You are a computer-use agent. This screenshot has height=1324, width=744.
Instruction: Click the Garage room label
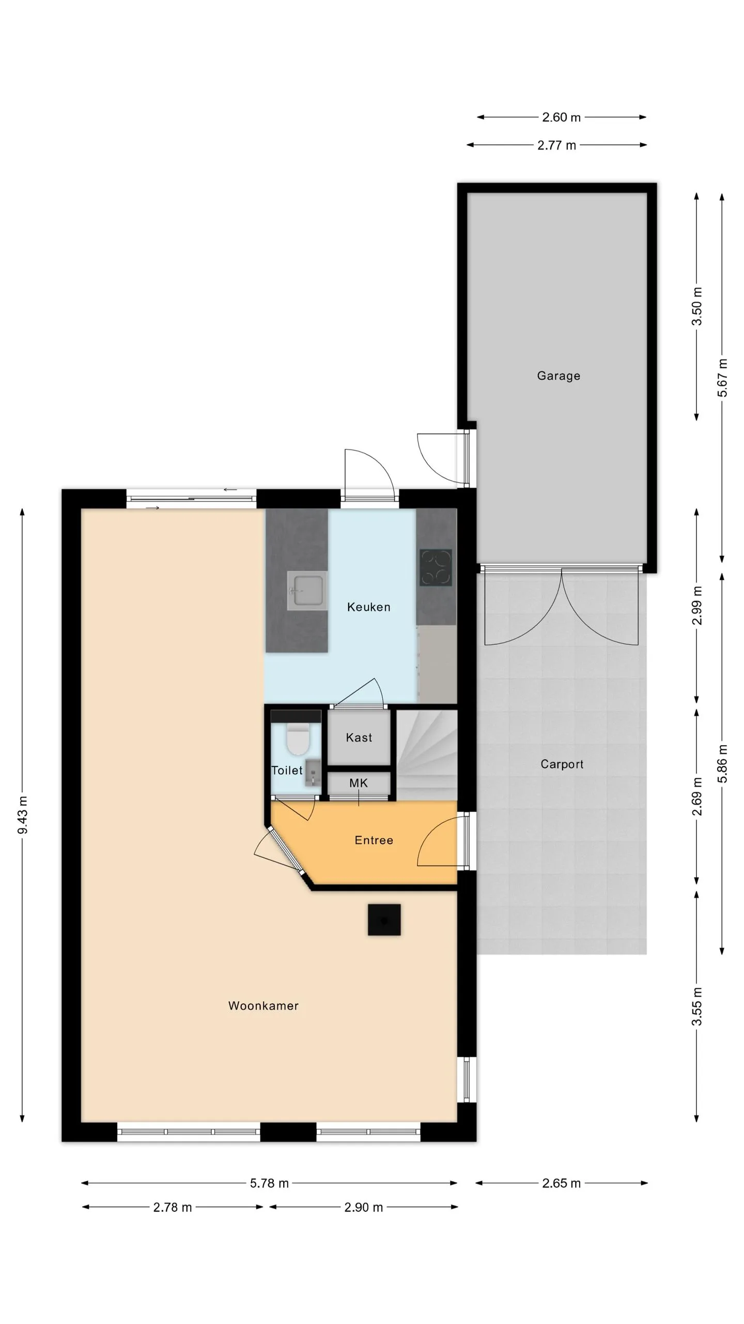tap(559, 376)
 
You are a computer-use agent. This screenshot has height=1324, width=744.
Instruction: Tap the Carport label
tap(562, 764)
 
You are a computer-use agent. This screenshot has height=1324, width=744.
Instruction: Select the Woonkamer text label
tap(263, 1006)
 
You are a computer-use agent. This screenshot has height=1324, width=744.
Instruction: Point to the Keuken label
tap(368, 607)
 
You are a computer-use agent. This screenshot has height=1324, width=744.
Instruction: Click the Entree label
tap(374, 840)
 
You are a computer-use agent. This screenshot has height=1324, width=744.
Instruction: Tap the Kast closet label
tap(359, 738)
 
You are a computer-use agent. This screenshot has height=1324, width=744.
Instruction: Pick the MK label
tap(359, 783)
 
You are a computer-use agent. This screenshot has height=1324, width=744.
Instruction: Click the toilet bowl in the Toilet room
tap(297, 740)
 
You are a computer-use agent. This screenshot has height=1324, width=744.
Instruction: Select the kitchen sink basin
tap(307, 591)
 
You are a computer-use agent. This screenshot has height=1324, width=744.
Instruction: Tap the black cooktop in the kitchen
tap(436, 567)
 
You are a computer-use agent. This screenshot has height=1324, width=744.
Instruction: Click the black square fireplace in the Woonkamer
tap(384, 920)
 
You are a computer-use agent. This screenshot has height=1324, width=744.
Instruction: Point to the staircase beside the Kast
tap(427, 755)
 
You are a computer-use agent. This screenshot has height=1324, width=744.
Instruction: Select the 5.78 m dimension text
tap(269, 1183)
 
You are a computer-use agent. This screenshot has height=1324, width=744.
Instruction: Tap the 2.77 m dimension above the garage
tap(556, 145)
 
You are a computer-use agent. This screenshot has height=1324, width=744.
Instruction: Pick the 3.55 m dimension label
tap(697, 1006)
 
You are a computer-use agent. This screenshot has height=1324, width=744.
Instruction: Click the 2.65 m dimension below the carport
tap(562, 1183)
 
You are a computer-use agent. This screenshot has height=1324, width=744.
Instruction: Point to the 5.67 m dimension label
tap(722, 378)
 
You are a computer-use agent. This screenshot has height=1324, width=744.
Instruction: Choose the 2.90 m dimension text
tap(364, 1208)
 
